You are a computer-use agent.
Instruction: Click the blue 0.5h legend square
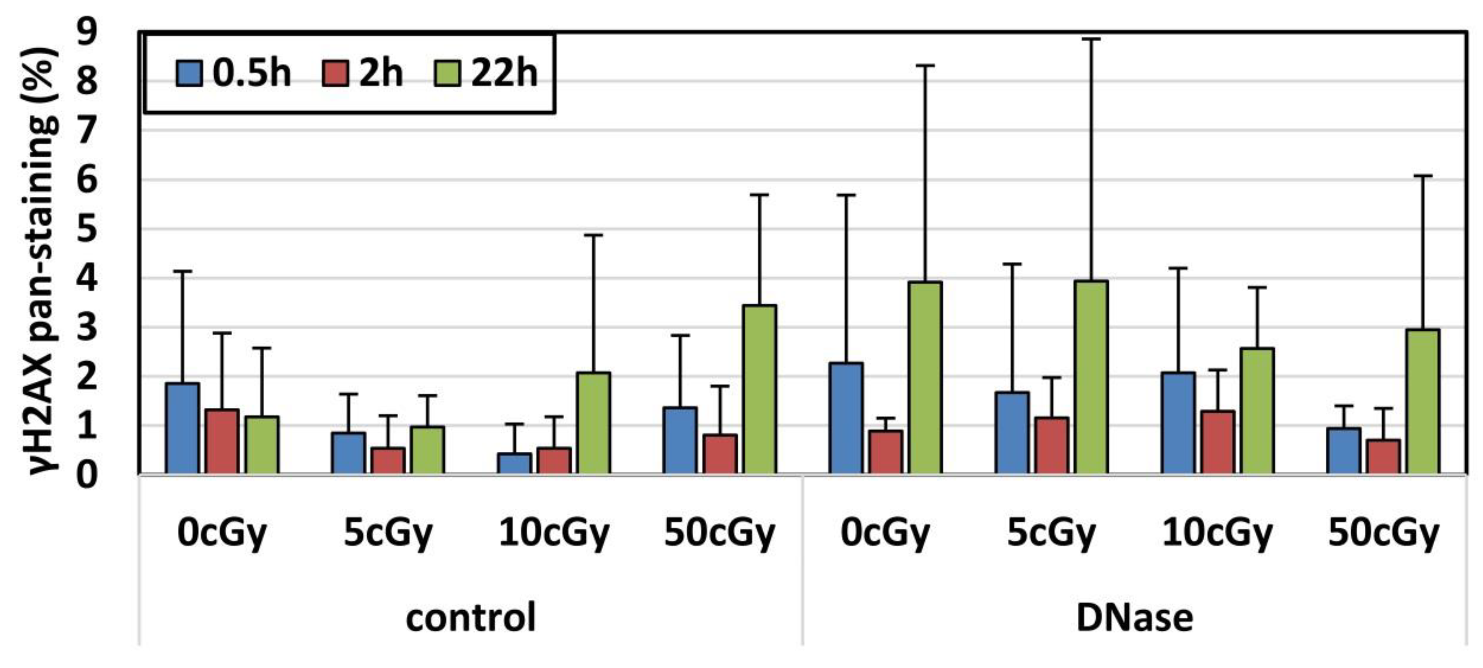click(189, 74)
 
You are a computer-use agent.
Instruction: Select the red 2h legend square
click(336, 74)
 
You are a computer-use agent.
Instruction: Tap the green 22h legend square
click(447, 74)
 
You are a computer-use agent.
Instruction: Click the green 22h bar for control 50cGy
click(759, 390)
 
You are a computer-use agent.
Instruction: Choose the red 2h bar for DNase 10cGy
click(1217, 442)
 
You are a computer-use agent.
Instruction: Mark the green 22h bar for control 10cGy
click(594, 423)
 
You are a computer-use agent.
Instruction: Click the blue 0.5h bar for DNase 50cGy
click(1343, 450)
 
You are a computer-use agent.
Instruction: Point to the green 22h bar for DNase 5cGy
click(1091, 377)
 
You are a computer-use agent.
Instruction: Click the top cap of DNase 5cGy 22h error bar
click(1091, 39)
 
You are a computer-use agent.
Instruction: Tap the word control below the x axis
click(470, 617)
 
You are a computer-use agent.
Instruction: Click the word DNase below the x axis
click(1134, 617)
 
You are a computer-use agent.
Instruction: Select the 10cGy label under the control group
click(554, 532)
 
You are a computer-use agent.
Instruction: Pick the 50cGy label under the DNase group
click(1383, 532)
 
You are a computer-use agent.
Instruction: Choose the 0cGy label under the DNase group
click(885, 532)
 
